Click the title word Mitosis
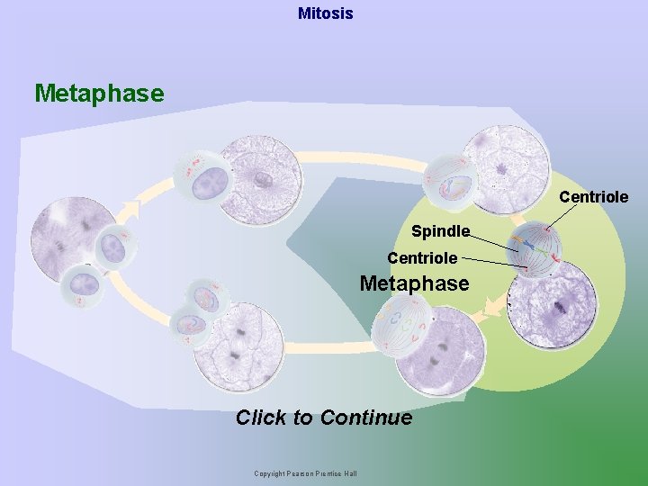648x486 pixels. (325, 13)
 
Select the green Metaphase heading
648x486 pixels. (99, 93)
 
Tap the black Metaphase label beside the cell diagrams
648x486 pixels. (414, 283)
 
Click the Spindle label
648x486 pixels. (440, 231)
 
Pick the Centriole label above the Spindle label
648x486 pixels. (593, 196)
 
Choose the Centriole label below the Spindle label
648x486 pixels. (422, 257)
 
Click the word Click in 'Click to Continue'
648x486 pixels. (261, 418)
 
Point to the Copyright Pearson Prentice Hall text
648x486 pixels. (305, 473)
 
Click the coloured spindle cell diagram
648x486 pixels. (535, 247)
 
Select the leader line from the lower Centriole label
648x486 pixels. (495, 262)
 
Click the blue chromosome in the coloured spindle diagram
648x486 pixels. (531, 246)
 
